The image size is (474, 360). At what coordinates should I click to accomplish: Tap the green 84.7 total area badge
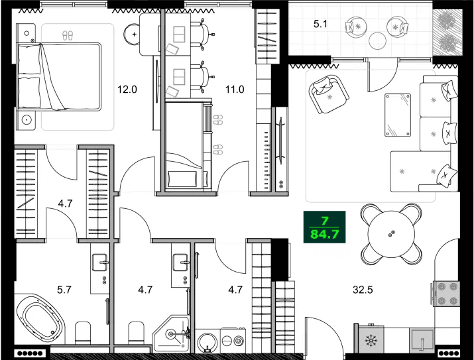[x=324, y=227]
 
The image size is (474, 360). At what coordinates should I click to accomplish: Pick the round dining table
[x=391, y=234]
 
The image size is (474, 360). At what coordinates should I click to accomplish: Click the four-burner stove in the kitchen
[x=445, y=294]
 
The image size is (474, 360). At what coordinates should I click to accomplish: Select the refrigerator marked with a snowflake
[x=371, y=342]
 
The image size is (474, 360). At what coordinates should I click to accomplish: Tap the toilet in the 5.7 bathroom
[x=84, y=331]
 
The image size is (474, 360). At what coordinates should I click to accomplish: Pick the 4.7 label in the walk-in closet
[x=65, y=203]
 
